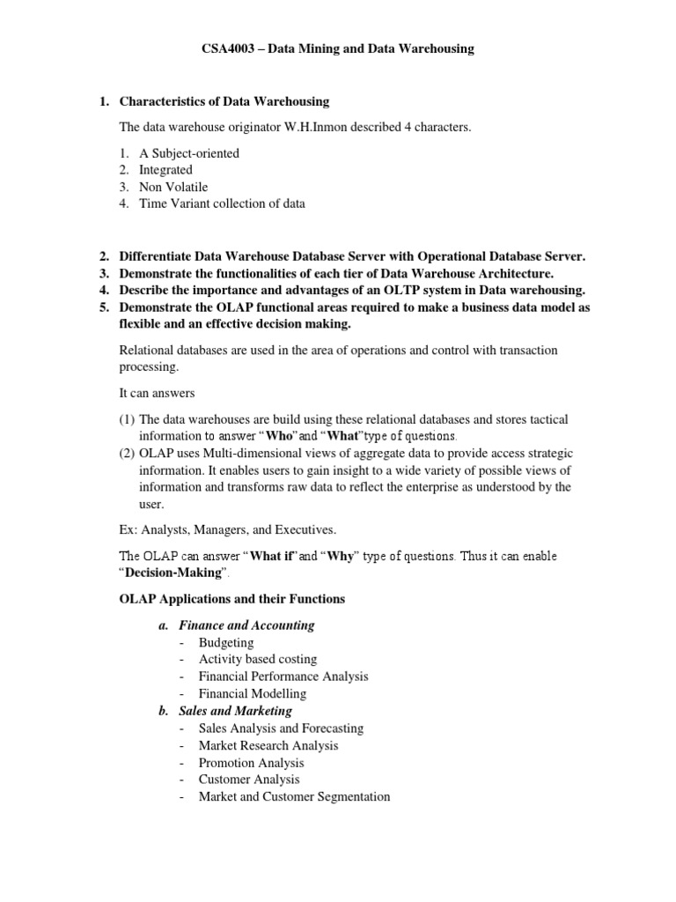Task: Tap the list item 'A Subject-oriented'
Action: [x=188, y=153]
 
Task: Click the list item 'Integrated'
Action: [x=165, y=170]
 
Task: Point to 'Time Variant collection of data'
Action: [x=222, y=203]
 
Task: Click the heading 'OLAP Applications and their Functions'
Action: [x=232, y=599]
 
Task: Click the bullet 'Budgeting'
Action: [x=226, y=642]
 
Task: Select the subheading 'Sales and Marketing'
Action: [x=236, y=711]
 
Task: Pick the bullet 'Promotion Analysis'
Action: [x=251, y=762]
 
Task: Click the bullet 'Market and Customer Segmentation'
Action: [x=294, y=796]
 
